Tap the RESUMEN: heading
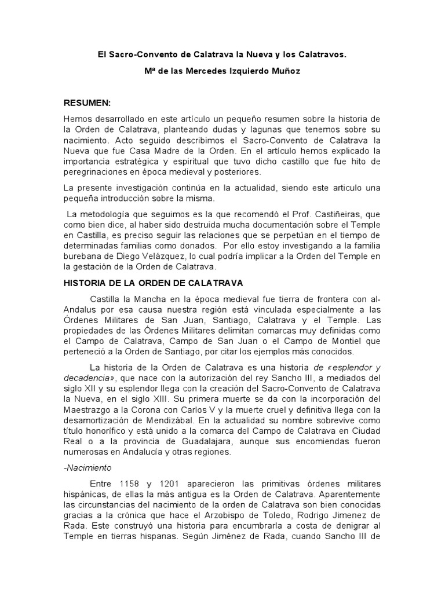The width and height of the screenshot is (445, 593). (87, 103)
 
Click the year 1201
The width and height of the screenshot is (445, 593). (175, 483)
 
